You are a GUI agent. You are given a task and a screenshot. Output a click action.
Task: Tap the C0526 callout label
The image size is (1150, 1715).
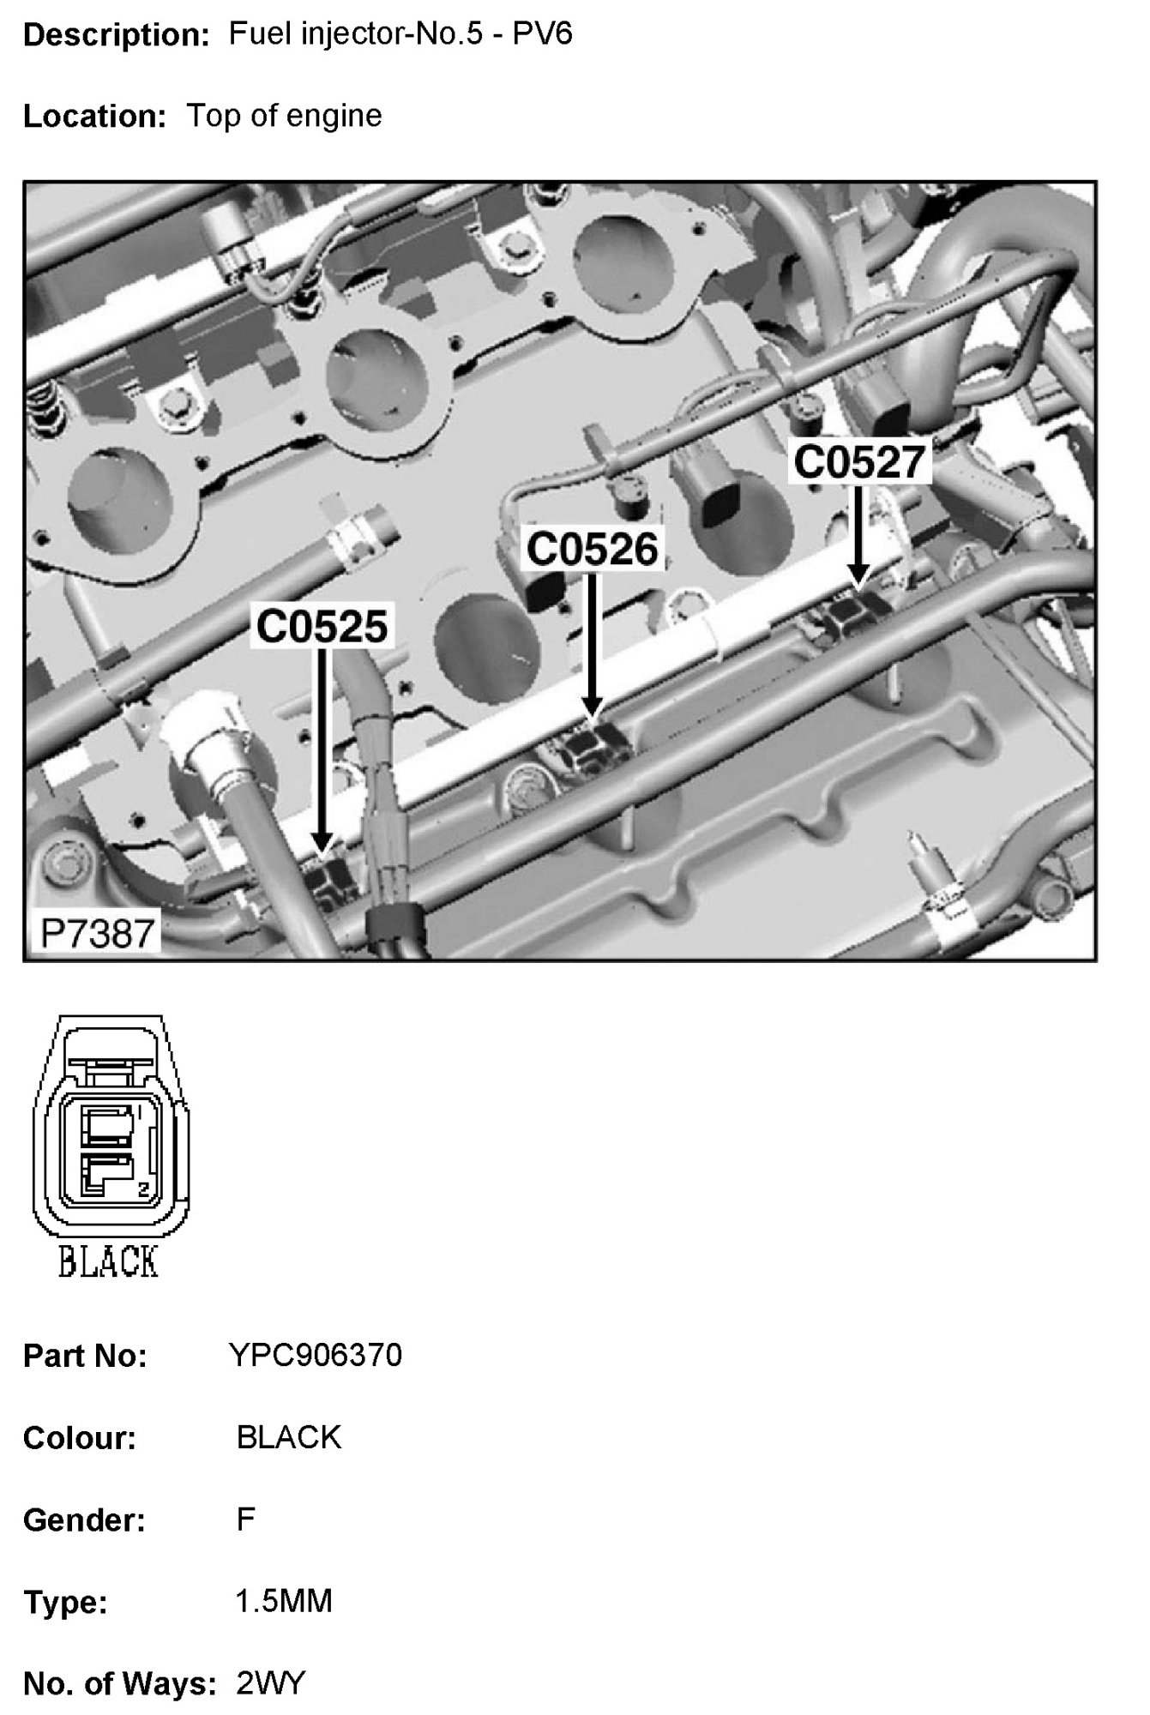click(592, 548)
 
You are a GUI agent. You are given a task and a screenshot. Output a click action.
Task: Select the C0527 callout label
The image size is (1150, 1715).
click(859, 461)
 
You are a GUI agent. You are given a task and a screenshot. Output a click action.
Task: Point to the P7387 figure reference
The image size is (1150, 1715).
click(97, 933)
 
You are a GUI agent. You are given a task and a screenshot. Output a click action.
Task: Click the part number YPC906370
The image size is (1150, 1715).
click(315, 1356)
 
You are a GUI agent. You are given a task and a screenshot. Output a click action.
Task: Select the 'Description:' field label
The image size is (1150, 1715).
click(117, 35)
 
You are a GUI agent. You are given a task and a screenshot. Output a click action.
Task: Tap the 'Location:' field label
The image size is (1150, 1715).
click(94, 116)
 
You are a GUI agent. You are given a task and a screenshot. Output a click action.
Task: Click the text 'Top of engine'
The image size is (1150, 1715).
click(284, 115)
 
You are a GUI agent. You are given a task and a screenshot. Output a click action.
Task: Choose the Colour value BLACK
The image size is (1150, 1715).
click(289, 1437)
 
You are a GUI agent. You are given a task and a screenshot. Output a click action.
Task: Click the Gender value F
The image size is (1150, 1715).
click(245, 1519)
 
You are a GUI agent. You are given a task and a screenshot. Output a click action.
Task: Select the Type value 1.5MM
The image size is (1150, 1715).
click(284, 1601)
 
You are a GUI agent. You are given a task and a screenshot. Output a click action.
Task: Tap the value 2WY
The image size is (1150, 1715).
click(270, 1683)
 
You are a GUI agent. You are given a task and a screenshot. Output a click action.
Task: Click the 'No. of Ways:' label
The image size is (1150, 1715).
click(119, 1684)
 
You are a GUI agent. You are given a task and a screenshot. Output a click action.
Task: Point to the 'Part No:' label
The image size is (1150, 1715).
click(85, 1357)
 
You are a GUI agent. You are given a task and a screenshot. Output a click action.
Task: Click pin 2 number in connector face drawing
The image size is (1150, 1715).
click(143, 1188)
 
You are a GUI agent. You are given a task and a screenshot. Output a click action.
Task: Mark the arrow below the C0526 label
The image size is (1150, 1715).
click(592, 643)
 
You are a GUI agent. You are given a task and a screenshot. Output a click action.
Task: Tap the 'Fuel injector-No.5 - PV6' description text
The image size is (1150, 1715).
click(400, 34)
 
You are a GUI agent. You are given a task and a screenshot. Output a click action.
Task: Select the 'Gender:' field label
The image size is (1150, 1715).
click(84, 1520)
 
